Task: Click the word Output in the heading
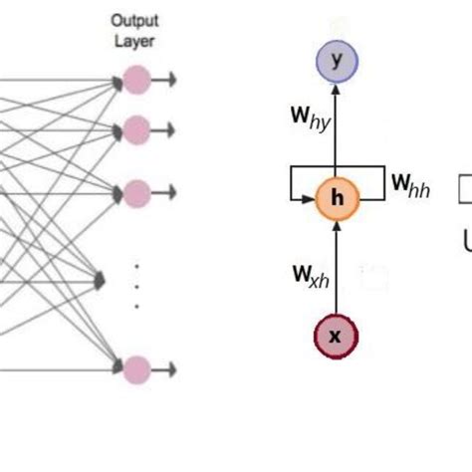coord(135,19)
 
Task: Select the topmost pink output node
coord(135,80)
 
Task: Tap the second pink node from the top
coord(135,128)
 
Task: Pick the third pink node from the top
coord(135,191)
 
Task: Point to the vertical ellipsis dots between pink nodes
coord(136,285)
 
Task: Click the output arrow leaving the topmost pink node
coord(165,80)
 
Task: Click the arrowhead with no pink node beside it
coord(100,282)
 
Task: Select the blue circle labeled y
coord(336,62)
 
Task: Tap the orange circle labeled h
coord(336,198)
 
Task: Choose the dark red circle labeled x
coord(336,336)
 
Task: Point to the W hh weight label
coord(409,185)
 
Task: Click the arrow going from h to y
coord(336,129)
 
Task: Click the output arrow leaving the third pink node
coord(165,191)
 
